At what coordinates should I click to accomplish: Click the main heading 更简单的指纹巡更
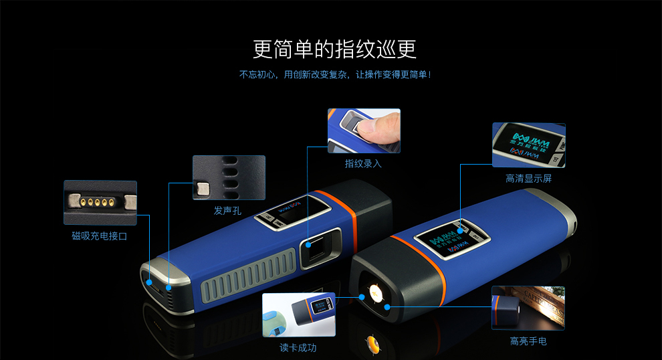pyautogui.click(x=335, y=50)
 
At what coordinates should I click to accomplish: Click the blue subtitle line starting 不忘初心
pyautogui.click(x=335, y=74)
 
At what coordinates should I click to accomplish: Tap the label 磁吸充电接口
pyautogui.click(x=100, y=236)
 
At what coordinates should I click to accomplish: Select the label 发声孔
pyautogui.click(x=228, y=211)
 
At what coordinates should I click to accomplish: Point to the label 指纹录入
pyautogui.click(x=363, y=163)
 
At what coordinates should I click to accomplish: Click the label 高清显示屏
pyautogui.click(x=528, y=179)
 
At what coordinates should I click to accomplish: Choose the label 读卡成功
pyautogui.click(x=298, y=348)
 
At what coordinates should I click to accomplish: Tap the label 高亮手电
pyautogui.click(x=528, y=341)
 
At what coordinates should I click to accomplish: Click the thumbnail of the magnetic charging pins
pyautogui.click(x=100, y=202)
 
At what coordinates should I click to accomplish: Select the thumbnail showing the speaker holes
pyautogui.click(x=229, y=177)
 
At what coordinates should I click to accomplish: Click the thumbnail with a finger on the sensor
pyautogui.click(x=364, y=131)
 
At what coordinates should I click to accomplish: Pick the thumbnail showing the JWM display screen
pyautogui.click(x=528, y=145)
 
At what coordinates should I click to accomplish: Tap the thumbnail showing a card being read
pyautogui.click(x=298, y=314)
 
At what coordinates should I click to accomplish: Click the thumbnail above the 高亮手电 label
pyautogui.click(x=528, y=308)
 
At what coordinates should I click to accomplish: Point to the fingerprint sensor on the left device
pyautogui.click(x=317, y=248)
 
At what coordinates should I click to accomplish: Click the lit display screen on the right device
pyautogui.click(x=450, y=238)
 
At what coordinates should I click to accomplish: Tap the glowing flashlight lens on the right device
pyautogui.click(x=374, y=293)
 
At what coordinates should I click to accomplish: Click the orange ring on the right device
pyautogui.click(x=428, y=282)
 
